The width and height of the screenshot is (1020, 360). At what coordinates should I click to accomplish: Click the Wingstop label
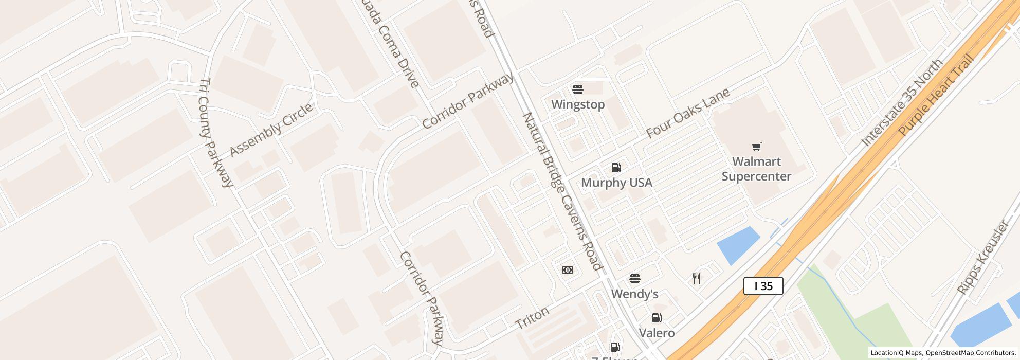point(578,104)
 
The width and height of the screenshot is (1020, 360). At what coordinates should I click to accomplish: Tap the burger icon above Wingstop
point(578,89)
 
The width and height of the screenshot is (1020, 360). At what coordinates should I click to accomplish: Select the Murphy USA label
point(616,183)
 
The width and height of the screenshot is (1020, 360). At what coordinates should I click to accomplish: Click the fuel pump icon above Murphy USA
point(616,168)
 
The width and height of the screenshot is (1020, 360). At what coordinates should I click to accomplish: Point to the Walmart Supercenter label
point(756,169)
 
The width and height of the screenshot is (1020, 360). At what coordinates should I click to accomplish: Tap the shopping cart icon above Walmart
point(756,147)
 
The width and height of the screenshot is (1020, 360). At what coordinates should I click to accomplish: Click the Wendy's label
point(635,294)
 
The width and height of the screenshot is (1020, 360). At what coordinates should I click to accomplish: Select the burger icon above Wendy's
point(635,279)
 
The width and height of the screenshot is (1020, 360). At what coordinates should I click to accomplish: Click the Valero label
point(657,333)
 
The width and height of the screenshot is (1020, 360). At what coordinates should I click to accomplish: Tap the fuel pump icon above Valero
point(657,318)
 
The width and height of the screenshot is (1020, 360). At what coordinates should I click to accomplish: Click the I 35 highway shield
point(763,286)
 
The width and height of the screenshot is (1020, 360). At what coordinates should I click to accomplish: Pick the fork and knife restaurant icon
point(697,279)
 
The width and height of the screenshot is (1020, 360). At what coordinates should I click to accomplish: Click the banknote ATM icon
point(568,270)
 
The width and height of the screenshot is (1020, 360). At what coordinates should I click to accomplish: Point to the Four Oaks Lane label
point(688,113)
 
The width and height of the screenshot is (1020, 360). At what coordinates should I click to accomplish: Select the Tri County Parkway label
point(216,133)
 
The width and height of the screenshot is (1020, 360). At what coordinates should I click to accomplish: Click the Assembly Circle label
point(271,130)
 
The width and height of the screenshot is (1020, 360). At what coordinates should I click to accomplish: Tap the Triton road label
point(532,317)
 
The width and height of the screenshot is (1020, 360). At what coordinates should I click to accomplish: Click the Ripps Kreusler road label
point(983,257)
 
